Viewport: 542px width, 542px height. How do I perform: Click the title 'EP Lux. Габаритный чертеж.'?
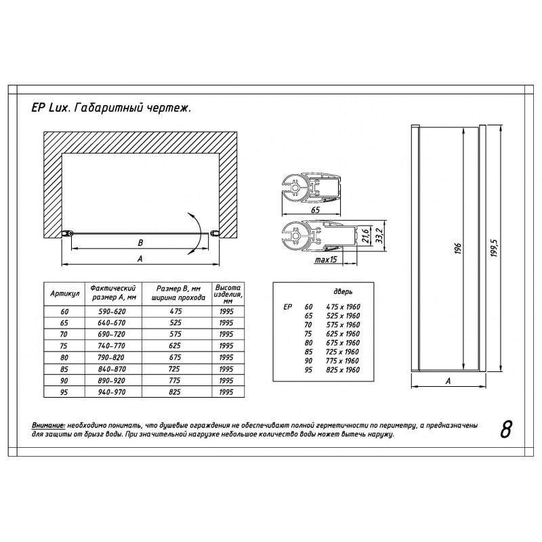coord(111,108)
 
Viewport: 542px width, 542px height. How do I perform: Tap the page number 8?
coord(505,430)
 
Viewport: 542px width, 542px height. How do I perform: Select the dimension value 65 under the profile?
coord(315,210)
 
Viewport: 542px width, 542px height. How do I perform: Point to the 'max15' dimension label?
coord(325,259)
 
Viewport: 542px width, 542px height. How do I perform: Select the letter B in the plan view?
coord(140,243)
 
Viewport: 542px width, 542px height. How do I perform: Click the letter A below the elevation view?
coord(448,381)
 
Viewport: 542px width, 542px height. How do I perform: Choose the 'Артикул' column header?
coord(64,293)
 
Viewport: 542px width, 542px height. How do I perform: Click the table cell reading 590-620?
coord(112,312)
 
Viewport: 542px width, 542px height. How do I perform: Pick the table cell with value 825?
coord(175,392)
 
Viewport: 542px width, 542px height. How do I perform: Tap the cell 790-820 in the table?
coord(112,358)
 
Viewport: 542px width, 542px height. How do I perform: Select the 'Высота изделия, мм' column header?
coord(228,294)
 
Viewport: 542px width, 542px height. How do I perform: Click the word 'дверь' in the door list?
coord(343,292)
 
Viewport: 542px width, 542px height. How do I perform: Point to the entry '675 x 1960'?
coord(343,343)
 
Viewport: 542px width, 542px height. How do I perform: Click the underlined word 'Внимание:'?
coord(48,425)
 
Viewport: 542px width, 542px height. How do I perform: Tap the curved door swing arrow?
coord(196,234)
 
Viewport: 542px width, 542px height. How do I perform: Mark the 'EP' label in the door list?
coord(287,307)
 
